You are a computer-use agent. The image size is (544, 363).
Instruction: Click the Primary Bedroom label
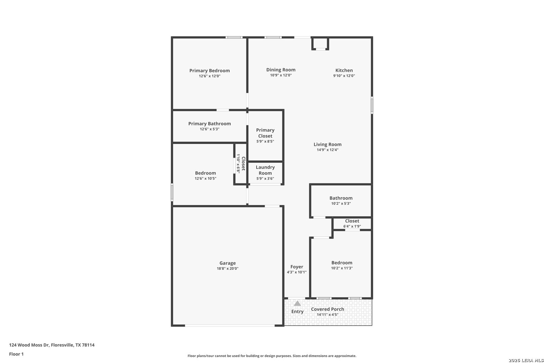[x=209, y=71]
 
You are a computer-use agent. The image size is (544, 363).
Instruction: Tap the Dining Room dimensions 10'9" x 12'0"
[x=281, y=75]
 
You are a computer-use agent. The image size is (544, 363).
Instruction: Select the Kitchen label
[x=344, y=70]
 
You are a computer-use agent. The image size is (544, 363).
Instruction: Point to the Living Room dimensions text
[x=327, y=150]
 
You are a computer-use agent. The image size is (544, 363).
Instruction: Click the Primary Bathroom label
[x=209, y=123]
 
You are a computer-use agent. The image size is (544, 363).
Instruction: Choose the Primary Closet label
[x=265, y=133]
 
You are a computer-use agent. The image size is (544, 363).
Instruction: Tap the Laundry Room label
[x=265, y=170]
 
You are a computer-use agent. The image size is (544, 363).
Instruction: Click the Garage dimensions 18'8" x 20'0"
[x=228, y=269]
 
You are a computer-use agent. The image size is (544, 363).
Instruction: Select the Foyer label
[x=297, y=267]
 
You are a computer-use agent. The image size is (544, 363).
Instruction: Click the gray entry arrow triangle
[x=297, y=304]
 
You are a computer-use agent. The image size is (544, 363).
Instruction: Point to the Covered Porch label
[x=327, y=309]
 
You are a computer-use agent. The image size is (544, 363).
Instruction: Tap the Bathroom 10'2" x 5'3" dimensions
[x=341, y=203]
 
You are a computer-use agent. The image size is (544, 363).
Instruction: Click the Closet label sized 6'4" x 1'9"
[x=352, y=221]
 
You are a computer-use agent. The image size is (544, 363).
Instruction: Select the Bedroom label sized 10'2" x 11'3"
[x=342, y=263]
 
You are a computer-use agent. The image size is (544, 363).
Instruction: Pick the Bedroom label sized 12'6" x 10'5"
[x=205, y=173]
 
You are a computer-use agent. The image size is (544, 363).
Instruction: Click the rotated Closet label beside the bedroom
[x=243, y=163]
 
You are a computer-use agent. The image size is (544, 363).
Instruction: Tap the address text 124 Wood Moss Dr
[x=29, y=345]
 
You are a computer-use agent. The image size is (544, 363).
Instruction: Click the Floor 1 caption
[x=16, y=354]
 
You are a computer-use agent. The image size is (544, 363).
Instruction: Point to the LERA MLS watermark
[x=526, y=360]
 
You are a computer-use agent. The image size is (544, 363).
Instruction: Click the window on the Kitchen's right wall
[x=372, y=105]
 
